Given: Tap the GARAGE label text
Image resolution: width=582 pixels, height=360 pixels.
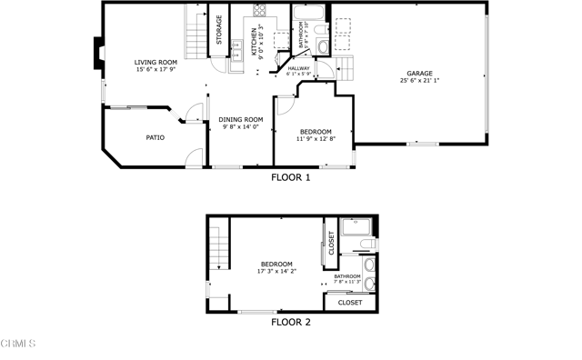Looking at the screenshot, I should pos(419,73).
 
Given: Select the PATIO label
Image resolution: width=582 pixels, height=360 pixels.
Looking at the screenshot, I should pos(156,138).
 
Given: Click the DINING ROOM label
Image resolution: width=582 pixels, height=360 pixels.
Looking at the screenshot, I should pos(241,119).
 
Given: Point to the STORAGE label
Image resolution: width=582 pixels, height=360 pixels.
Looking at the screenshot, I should pos(219,30).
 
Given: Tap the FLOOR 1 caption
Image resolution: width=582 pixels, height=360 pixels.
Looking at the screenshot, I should pos(291,177).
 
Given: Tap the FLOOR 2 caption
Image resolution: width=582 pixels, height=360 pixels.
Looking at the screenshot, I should pos(291,322).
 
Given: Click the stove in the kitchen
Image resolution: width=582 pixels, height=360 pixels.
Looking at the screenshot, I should pos(260,12).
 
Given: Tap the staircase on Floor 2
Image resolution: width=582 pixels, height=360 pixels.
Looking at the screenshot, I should pos(217,245).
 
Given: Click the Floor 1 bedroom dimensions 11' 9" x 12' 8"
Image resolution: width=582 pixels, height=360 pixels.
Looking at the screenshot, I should pos(315,139).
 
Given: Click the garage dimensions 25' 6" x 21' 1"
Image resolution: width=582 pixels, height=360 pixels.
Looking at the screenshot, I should pos(419,80).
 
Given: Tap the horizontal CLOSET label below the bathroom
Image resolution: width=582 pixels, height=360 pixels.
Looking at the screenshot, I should pos(350,302).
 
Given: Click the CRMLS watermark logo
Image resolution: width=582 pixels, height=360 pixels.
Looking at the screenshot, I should pos(19,344).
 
